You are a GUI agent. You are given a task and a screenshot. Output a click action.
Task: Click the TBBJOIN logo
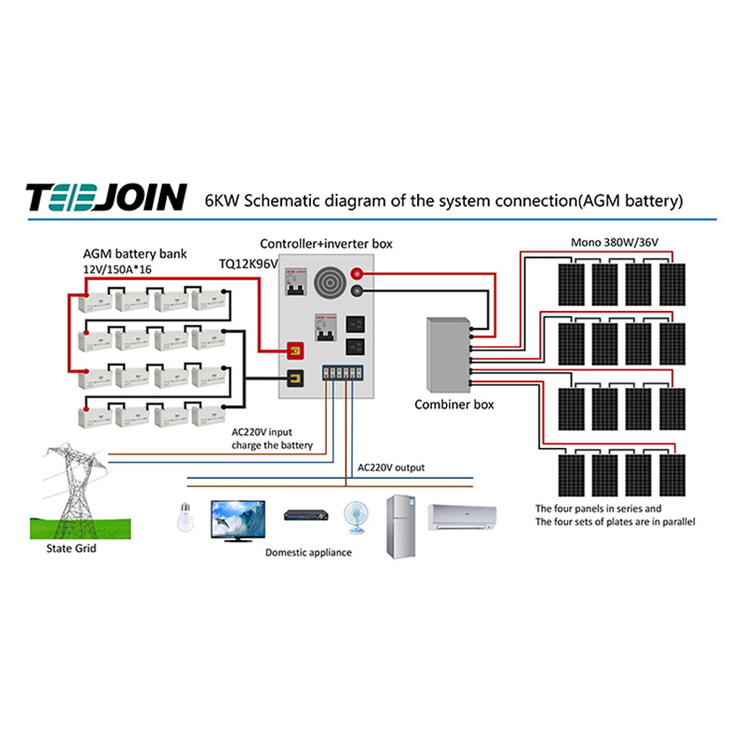coord(106,199)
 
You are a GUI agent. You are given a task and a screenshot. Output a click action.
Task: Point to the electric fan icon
coord(357,518)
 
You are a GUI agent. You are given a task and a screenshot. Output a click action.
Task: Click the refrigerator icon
coord(401,525)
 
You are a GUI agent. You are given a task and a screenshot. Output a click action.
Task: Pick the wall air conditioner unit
coord(462,516)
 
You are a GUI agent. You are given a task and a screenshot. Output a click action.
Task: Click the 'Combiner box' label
coord(454,405)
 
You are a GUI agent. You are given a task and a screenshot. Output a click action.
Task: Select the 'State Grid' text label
coord(72,549)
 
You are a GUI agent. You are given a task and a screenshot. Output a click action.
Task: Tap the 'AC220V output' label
coord(391,467)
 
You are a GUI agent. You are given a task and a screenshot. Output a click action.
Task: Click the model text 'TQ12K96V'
coord(248,264)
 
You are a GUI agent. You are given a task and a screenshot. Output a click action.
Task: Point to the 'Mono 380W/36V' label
coord(615,243)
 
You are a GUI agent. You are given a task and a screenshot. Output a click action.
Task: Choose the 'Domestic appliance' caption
coord(308,552)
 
